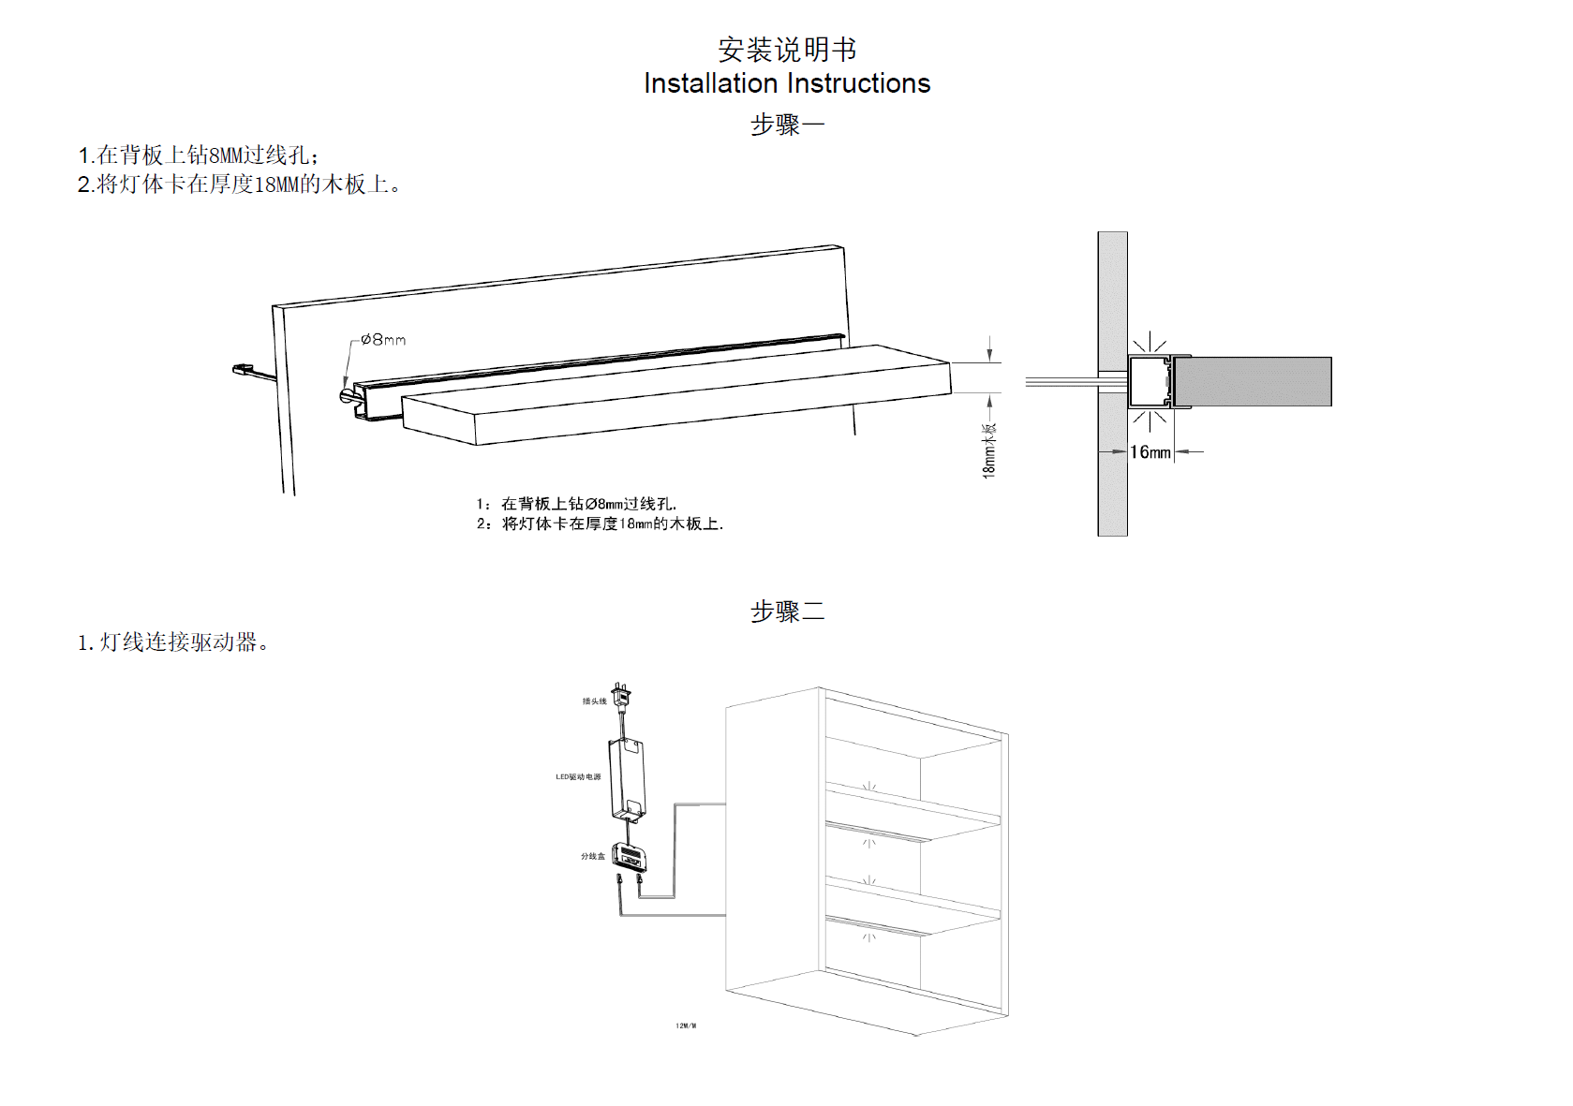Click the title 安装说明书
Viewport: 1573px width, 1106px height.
787,49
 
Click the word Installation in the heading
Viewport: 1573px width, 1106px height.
710,83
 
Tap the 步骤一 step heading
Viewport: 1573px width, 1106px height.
787,125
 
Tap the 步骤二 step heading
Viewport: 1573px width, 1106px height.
787,612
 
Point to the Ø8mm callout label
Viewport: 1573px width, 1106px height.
384,339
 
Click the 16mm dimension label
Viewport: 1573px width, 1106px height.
1150,452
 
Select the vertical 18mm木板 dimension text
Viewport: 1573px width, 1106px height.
989,450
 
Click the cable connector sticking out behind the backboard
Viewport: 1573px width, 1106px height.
245,370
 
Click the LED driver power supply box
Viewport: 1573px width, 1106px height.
627,778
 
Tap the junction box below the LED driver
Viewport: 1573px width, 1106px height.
629,856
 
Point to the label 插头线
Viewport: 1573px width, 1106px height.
594,701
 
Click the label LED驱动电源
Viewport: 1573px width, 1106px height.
578,777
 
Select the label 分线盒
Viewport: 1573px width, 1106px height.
592,856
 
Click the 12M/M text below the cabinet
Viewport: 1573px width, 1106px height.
686,1026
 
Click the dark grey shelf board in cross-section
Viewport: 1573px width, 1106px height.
1253,381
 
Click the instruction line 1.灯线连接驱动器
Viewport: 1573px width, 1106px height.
173,642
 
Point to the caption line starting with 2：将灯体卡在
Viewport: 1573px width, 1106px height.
600,524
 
